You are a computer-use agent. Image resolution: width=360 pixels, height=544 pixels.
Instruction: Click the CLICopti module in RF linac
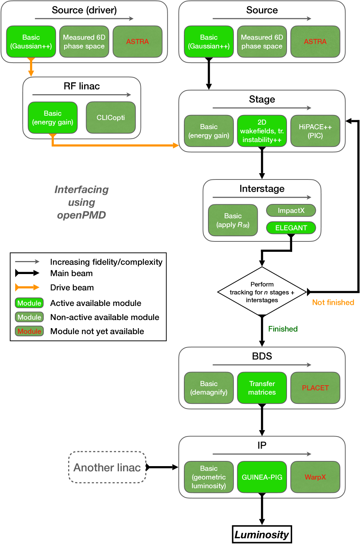click(110, 118)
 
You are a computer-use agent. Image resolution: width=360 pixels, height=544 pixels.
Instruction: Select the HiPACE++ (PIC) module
click(315, 131)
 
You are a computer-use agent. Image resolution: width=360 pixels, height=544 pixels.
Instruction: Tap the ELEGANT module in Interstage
click(291, 228)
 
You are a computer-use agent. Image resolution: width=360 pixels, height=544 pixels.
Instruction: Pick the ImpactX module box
click(291, 210)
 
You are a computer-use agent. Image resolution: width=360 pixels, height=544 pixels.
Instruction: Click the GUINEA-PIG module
click(262, 477)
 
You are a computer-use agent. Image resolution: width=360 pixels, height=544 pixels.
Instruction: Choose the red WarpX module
click(315, 477)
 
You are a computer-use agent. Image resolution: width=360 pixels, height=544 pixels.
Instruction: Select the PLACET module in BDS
click(315, 388)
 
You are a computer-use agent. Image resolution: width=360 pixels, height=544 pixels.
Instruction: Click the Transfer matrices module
click(262, 388)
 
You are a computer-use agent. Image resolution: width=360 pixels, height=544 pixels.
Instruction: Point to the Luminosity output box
click(262, 534)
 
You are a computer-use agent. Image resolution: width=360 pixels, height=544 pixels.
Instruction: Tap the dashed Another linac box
click(107, 467)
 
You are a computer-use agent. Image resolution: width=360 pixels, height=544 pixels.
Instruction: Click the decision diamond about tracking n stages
click(262, 292)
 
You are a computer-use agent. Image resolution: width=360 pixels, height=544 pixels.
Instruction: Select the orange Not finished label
click(333, 302)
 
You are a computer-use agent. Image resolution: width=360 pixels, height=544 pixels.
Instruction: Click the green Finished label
click(283, 329)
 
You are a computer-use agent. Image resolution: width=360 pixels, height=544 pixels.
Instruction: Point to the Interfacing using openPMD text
click(82, 202)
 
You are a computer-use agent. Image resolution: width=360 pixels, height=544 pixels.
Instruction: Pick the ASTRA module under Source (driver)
click(137, 42)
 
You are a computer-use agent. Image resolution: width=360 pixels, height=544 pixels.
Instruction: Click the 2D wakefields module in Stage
click(262, 131)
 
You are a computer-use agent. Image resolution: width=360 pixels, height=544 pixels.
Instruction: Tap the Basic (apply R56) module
click(233, 220)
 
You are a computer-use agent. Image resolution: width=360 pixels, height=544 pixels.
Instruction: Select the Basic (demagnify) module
click(209, 388)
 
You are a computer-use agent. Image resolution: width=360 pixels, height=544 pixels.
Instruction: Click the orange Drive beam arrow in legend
click(27, 287)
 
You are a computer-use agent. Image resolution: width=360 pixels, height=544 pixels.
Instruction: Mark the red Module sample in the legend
click(29, 331)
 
